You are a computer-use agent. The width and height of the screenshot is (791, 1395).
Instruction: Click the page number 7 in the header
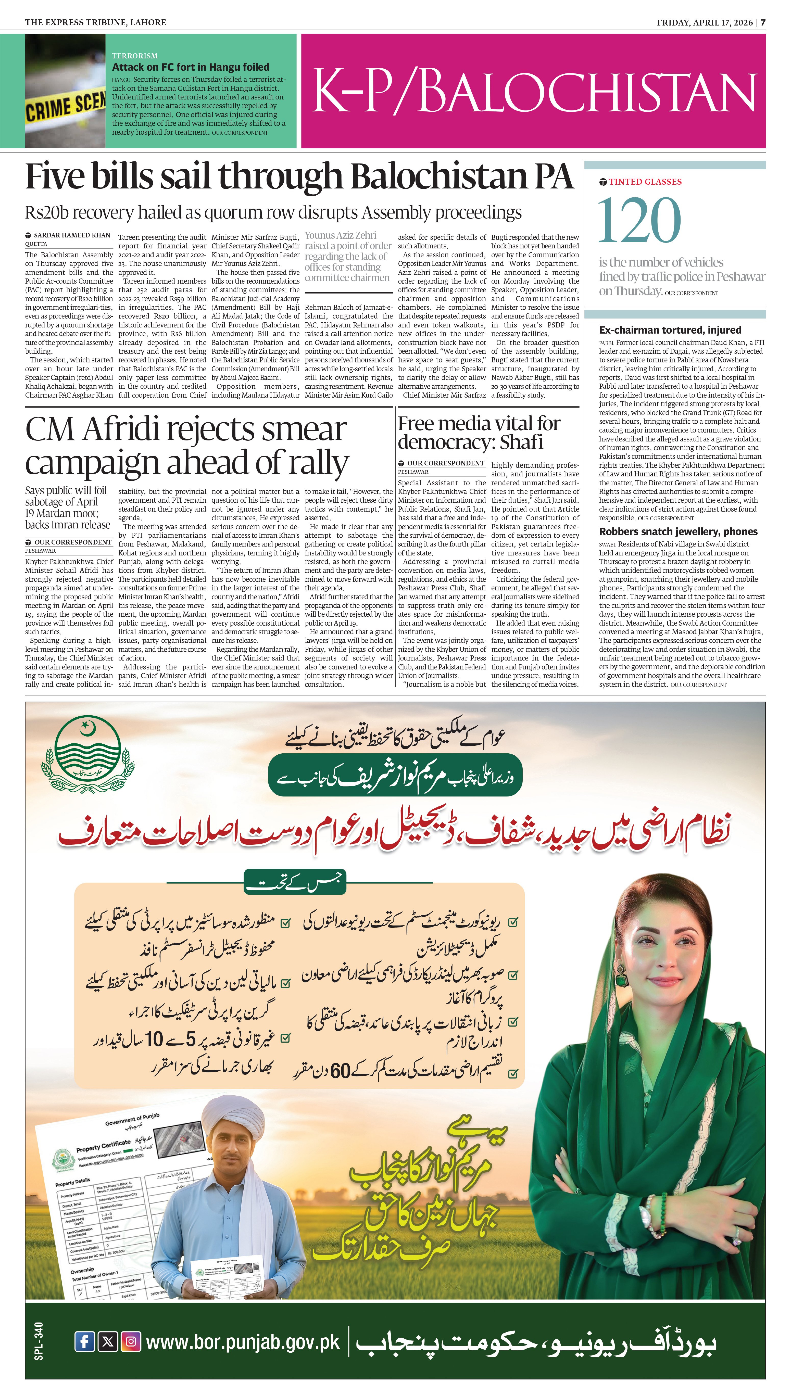pos(763,22)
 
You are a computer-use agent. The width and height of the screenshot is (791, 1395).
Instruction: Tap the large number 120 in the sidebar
pos(639,220)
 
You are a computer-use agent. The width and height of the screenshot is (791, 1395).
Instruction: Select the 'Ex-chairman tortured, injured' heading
pos(670,329)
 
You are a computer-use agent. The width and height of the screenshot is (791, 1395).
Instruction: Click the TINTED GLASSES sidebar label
pos(645,182)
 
